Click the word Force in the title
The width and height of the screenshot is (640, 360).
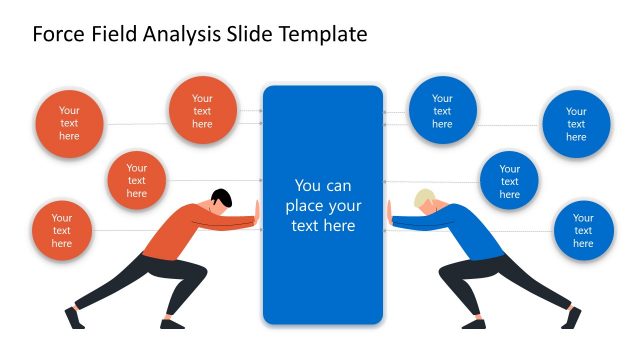pyautogui.click(x=58, y=34)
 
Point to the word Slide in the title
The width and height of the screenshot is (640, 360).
pyautogui.click(x=254, y=34)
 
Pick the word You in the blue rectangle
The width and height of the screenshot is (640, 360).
pyautogui.click(x=309, y=186)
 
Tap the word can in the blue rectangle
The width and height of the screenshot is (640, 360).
pyautogui.click(x=339, y=186)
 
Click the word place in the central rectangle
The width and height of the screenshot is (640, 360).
pyautogui.click(x=306, y=207)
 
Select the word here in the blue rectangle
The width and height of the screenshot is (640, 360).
pyautogui.click(x=337, y=226)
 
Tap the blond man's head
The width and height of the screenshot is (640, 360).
pyautogui.click(x=426, y=198)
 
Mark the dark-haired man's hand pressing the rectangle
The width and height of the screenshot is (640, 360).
pyautogui.click(x=257, y=213)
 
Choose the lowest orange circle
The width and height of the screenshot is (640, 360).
pyautogui.click(x=62, y=230)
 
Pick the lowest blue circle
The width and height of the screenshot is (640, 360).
pyautogui.click(x=583, y=230)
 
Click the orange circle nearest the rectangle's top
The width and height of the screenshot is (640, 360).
pyautogui.click(x=202, y=111)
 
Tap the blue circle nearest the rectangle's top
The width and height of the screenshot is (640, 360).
pyautogui.click(x=442, y=111)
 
